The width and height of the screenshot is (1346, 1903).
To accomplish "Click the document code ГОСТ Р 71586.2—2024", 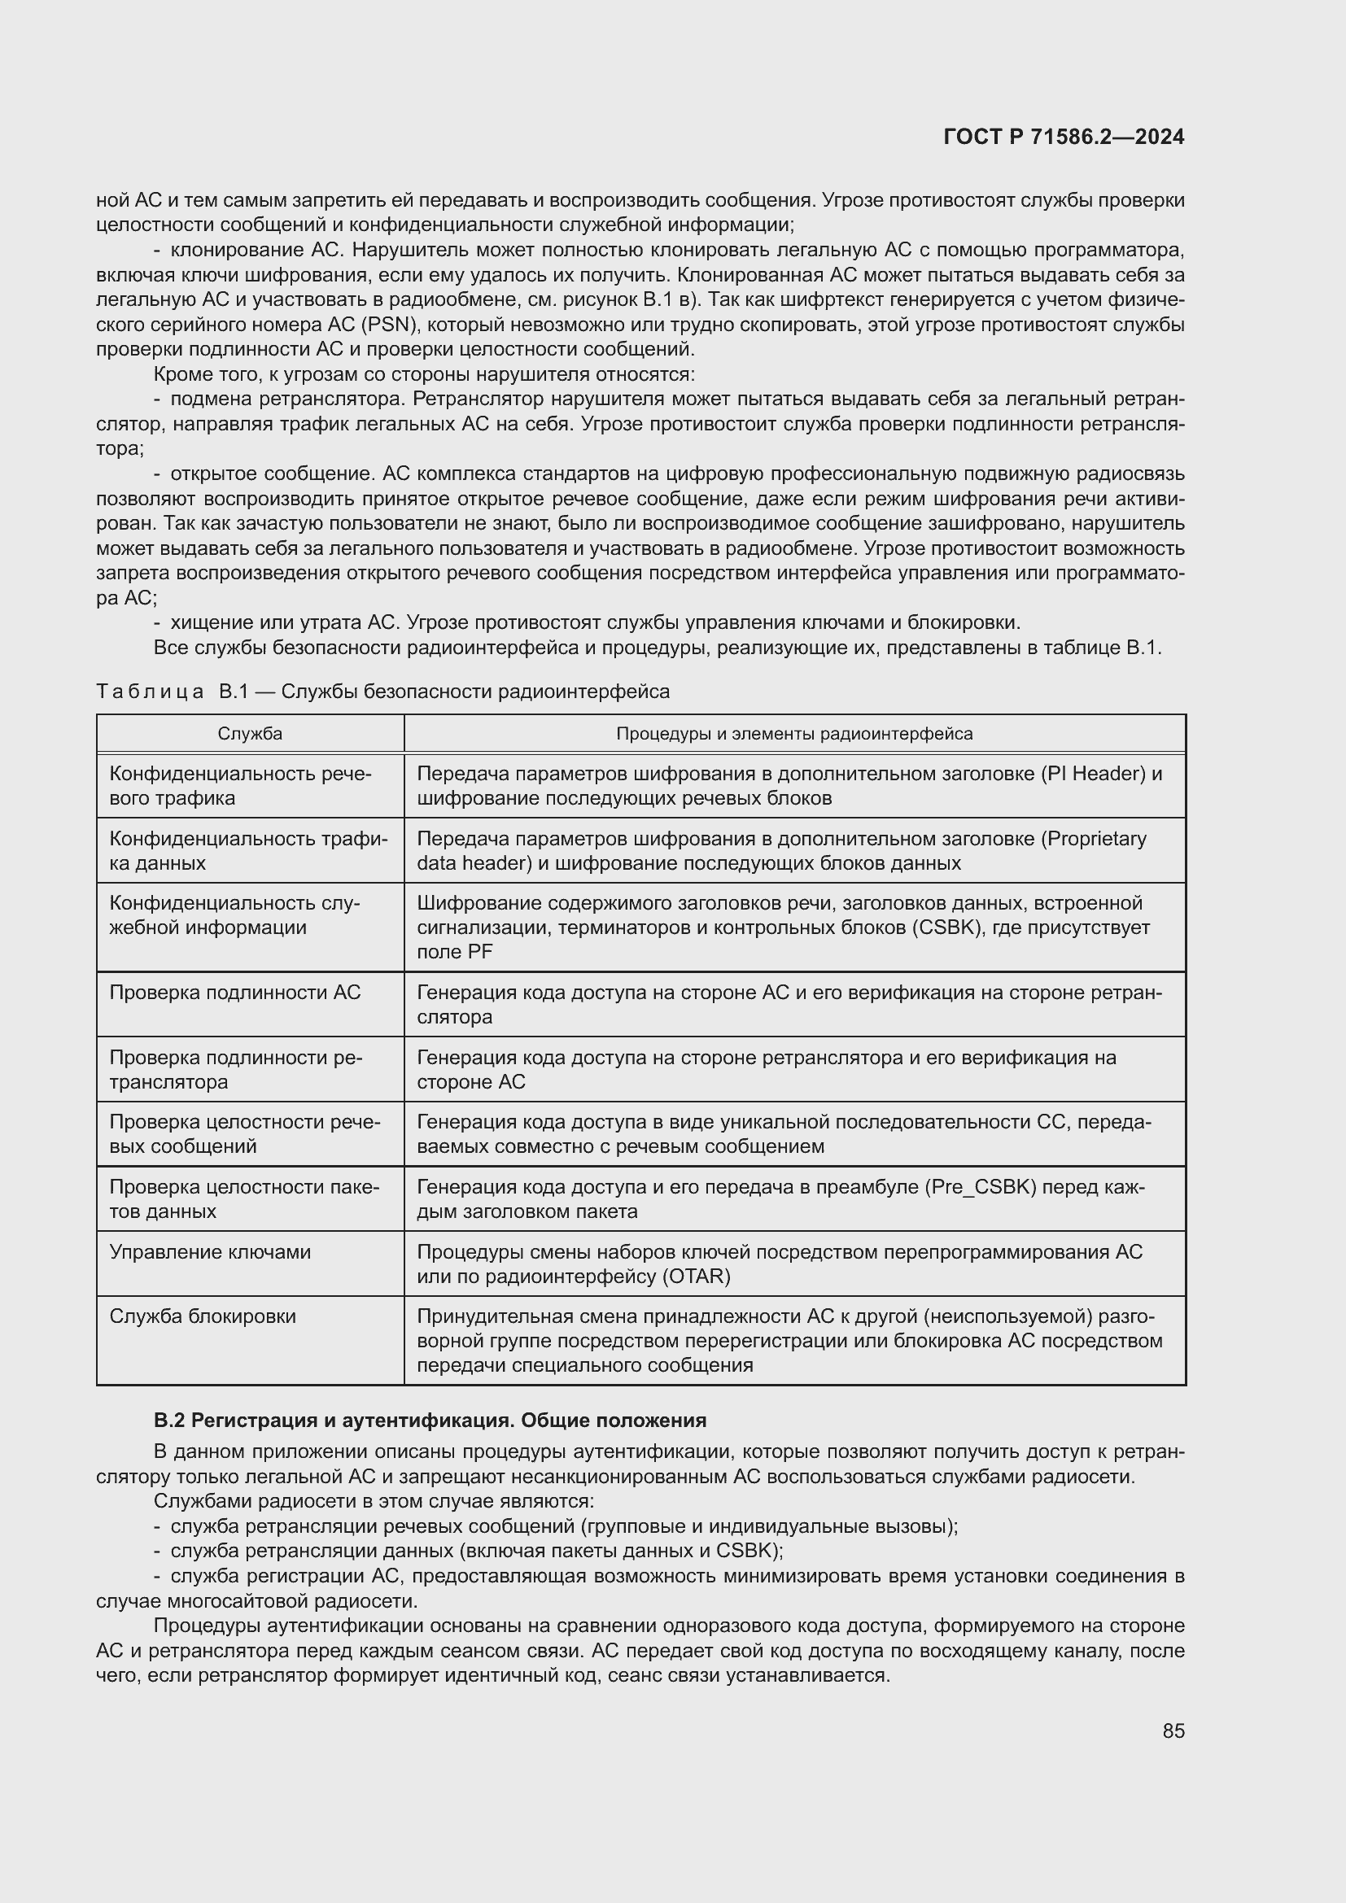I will (x=1064, y=137).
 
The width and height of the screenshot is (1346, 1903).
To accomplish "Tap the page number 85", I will (x=1173, y=1731).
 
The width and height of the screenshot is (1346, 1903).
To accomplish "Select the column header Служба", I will (x=250, y=734).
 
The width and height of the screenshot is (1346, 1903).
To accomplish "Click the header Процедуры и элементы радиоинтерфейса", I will (x=794, y=734).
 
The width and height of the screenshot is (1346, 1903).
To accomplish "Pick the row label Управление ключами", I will (x=210, y=1251).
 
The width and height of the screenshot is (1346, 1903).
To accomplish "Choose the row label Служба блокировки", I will (x=203, y=1316).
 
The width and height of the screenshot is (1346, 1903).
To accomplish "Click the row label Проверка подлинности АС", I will (x=234, y=992).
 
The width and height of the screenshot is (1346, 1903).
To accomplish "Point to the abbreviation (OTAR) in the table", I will (x=697, y=1277).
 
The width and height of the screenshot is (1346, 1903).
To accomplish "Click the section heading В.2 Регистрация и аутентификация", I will (x=430, y=1421).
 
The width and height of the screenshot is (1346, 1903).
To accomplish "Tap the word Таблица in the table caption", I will (x=150, y=692).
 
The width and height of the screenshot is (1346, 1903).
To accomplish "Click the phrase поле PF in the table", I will (x=454, y=952).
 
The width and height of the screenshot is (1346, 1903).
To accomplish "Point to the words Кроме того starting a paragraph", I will (x=204, y=374).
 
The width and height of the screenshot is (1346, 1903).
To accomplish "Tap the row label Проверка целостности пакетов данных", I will (x=243, y=1198).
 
